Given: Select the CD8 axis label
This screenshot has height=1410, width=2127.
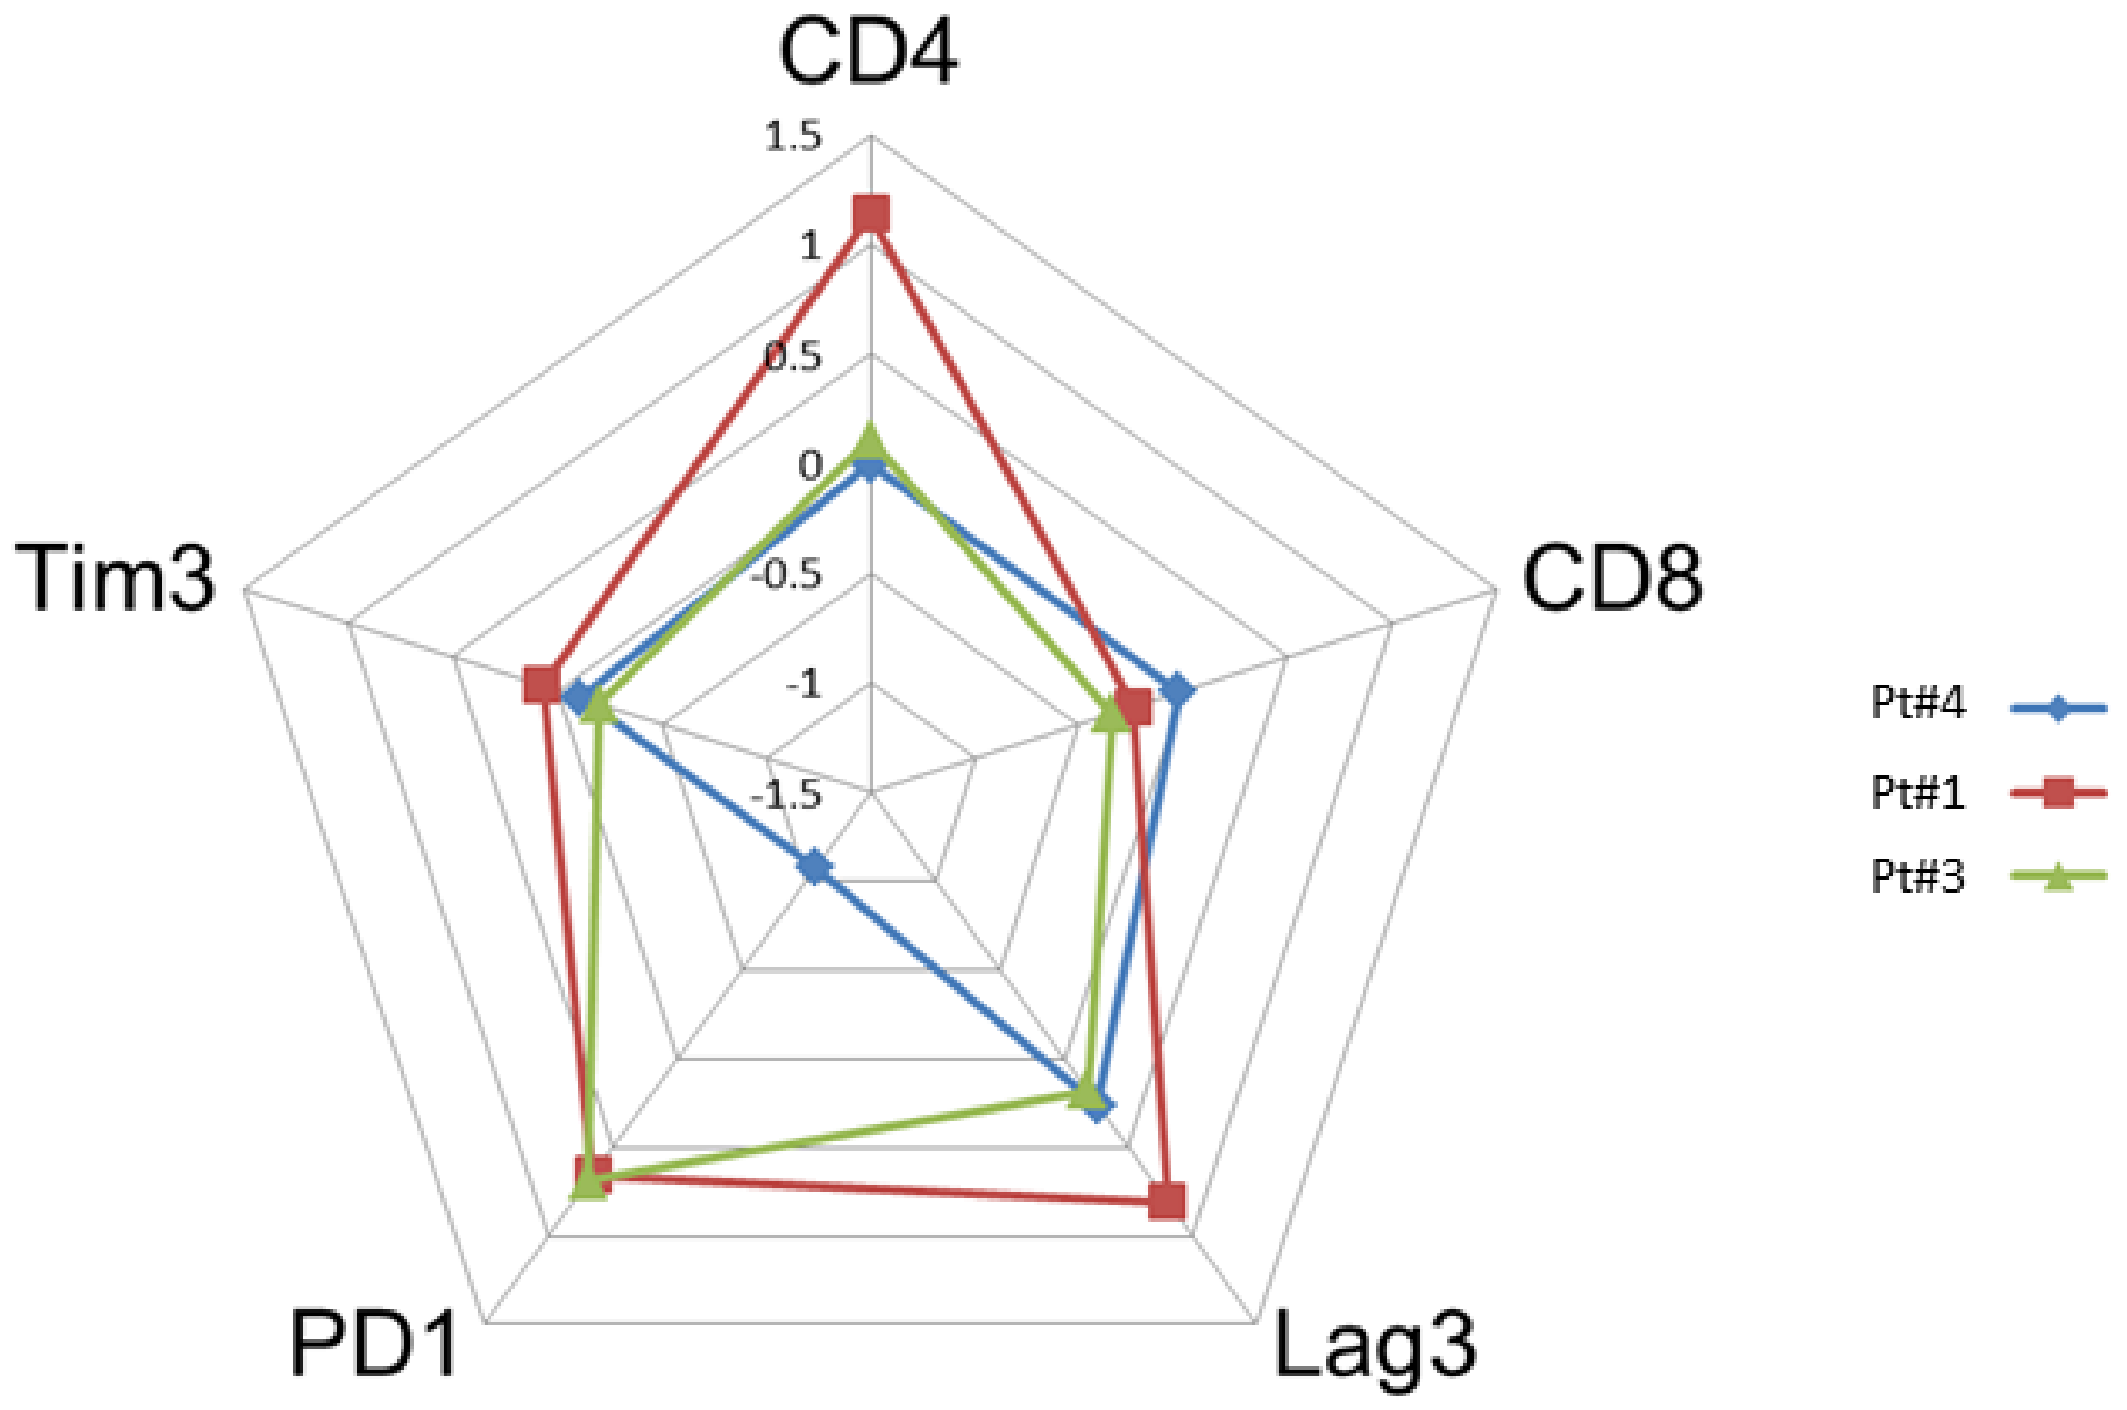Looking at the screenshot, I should coord(1612,582).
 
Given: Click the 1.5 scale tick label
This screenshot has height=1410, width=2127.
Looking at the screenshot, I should coord(793,139).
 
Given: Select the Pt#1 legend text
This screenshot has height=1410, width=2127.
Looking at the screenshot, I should coord(1918,793).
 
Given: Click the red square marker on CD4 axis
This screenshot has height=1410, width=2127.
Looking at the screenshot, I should coord(870,215).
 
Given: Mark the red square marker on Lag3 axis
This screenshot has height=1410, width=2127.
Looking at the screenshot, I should coord(1167,1201).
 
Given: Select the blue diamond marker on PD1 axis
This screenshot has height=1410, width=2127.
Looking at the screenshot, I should coord(815,868).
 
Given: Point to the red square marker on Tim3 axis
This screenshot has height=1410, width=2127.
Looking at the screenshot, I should coord(542,685).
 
